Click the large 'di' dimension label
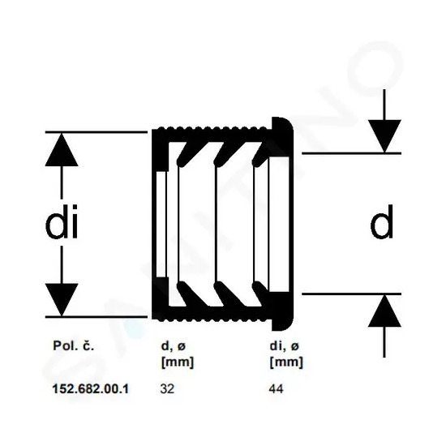62,221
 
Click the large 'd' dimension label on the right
382,221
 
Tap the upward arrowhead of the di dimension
62,150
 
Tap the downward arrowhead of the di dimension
62,299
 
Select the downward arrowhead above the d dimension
384,136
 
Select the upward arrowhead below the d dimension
384,311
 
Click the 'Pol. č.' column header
73,345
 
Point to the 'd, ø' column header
174,346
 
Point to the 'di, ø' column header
285,346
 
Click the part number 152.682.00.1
91,388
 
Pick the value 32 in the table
167,388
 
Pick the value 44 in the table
277,388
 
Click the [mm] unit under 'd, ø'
178,362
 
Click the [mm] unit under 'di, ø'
286,362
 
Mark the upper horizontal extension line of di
96,132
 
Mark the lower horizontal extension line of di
96,316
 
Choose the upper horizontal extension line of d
352,153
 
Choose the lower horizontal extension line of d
352,294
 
